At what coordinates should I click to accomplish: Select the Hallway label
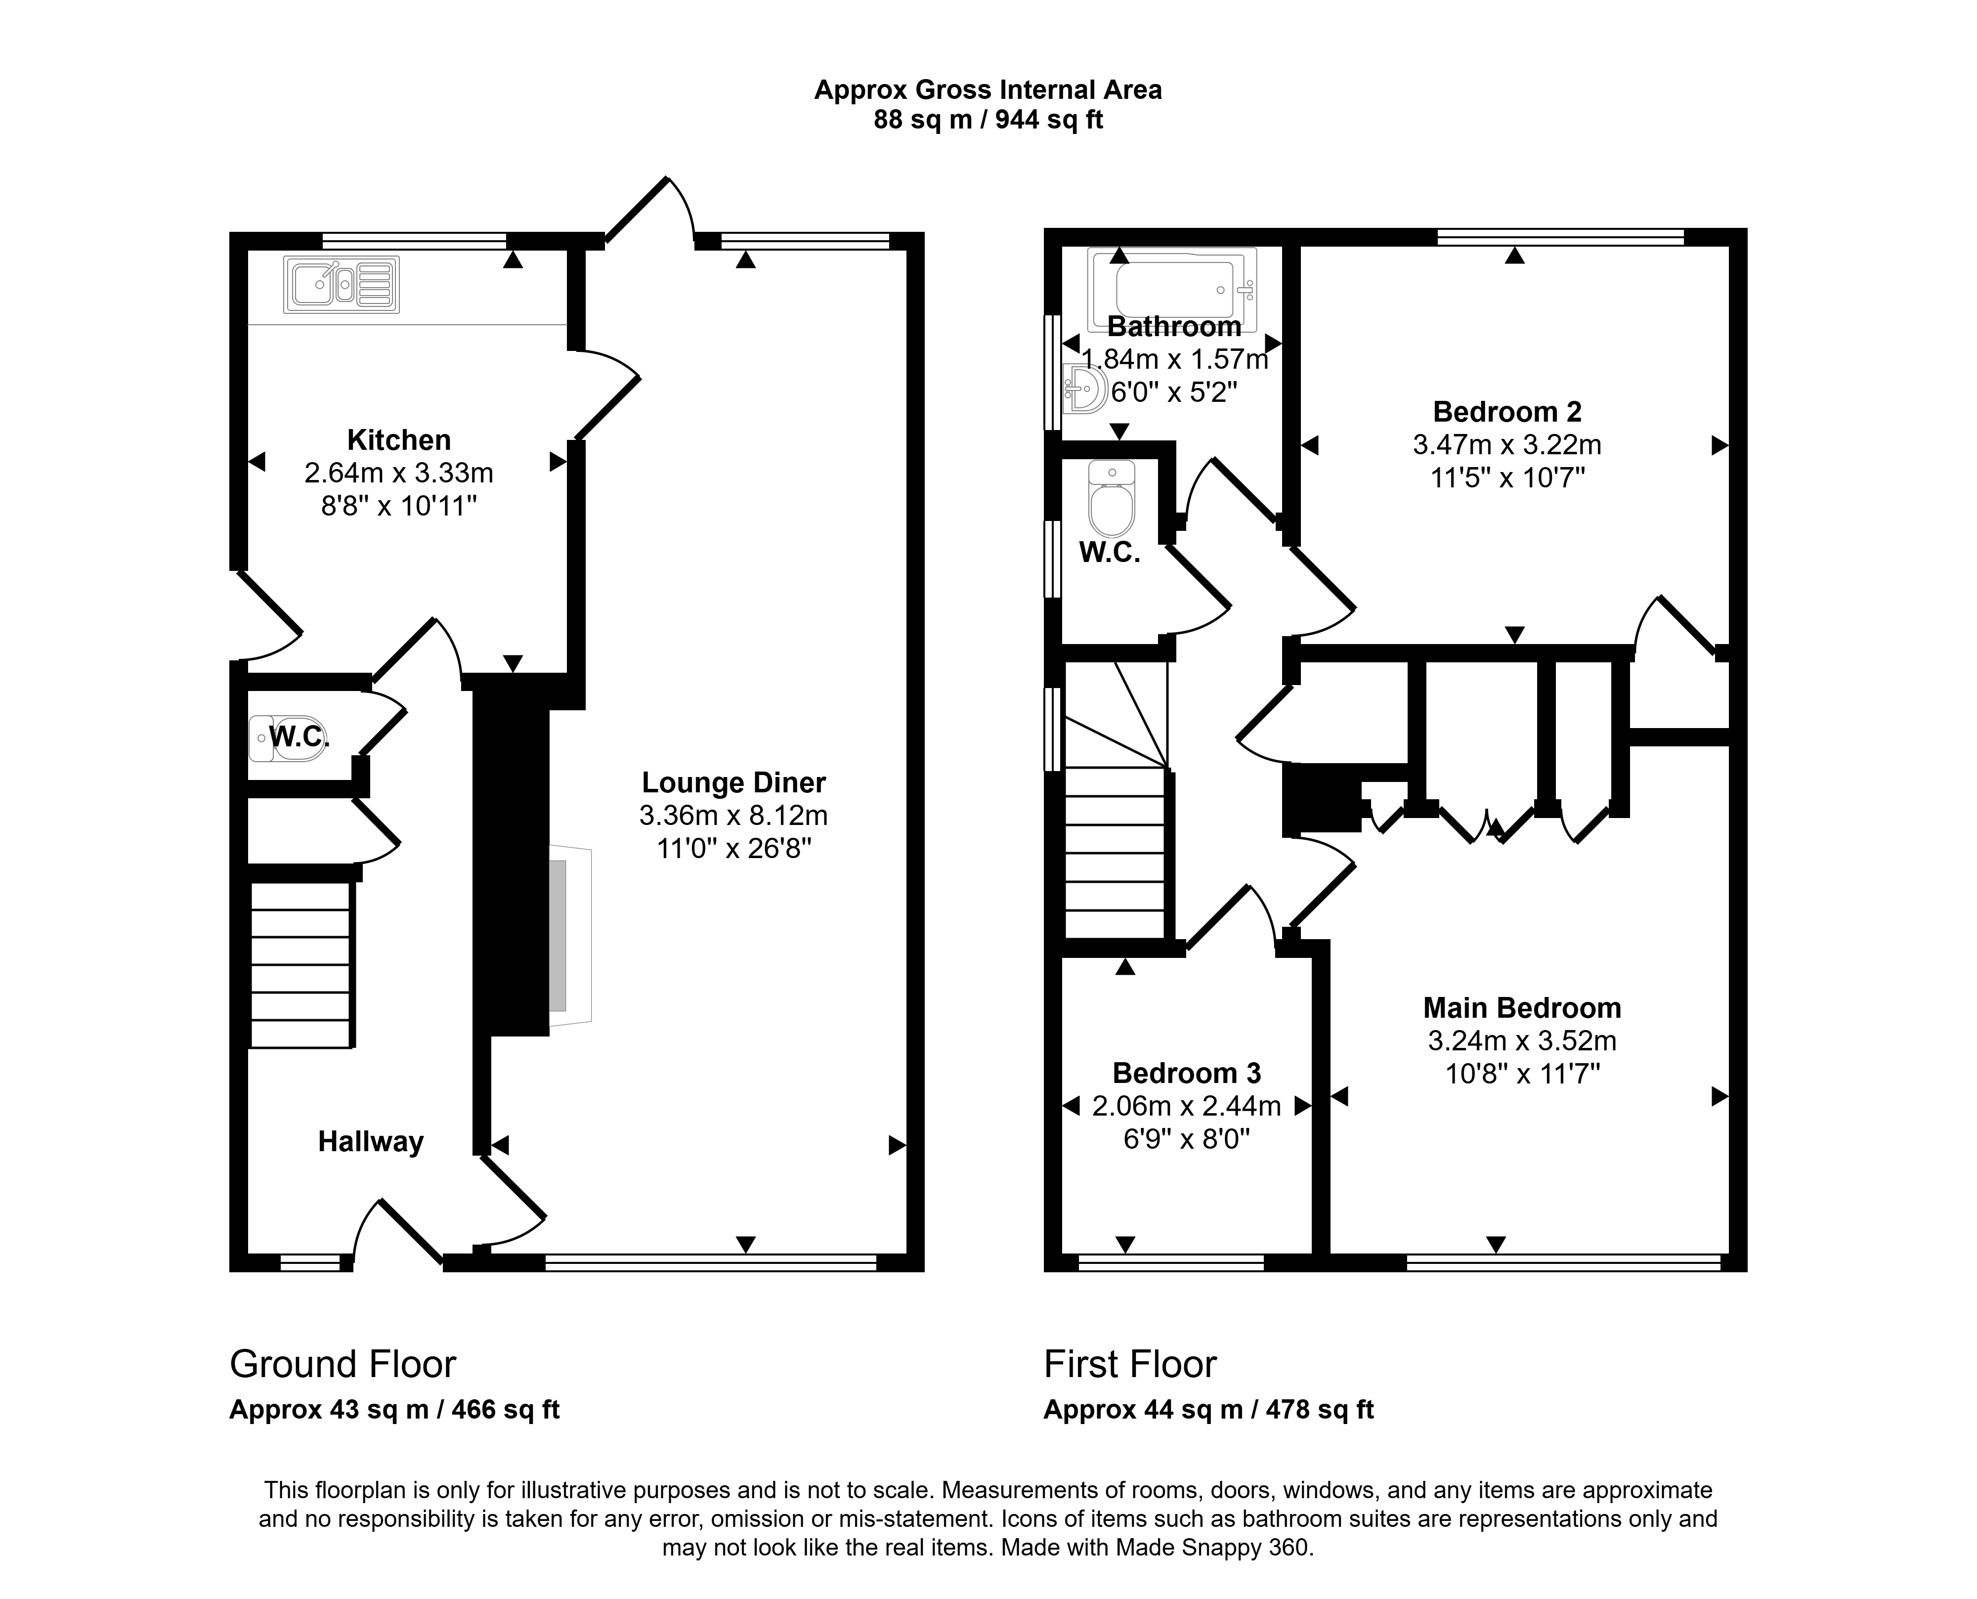pos(371,1142)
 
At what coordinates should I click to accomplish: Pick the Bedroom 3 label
pos(1187,1073)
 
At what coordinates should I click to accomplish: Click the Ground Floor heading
pos(343,1364)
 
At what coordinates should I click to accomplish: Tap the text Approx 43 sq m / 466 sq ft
pos(394,1410)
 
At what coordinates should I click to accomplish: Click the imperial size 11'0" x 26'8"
pos(734,848)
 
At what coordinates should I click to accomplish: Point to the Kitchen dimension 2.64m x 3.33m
pos(399,474)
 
